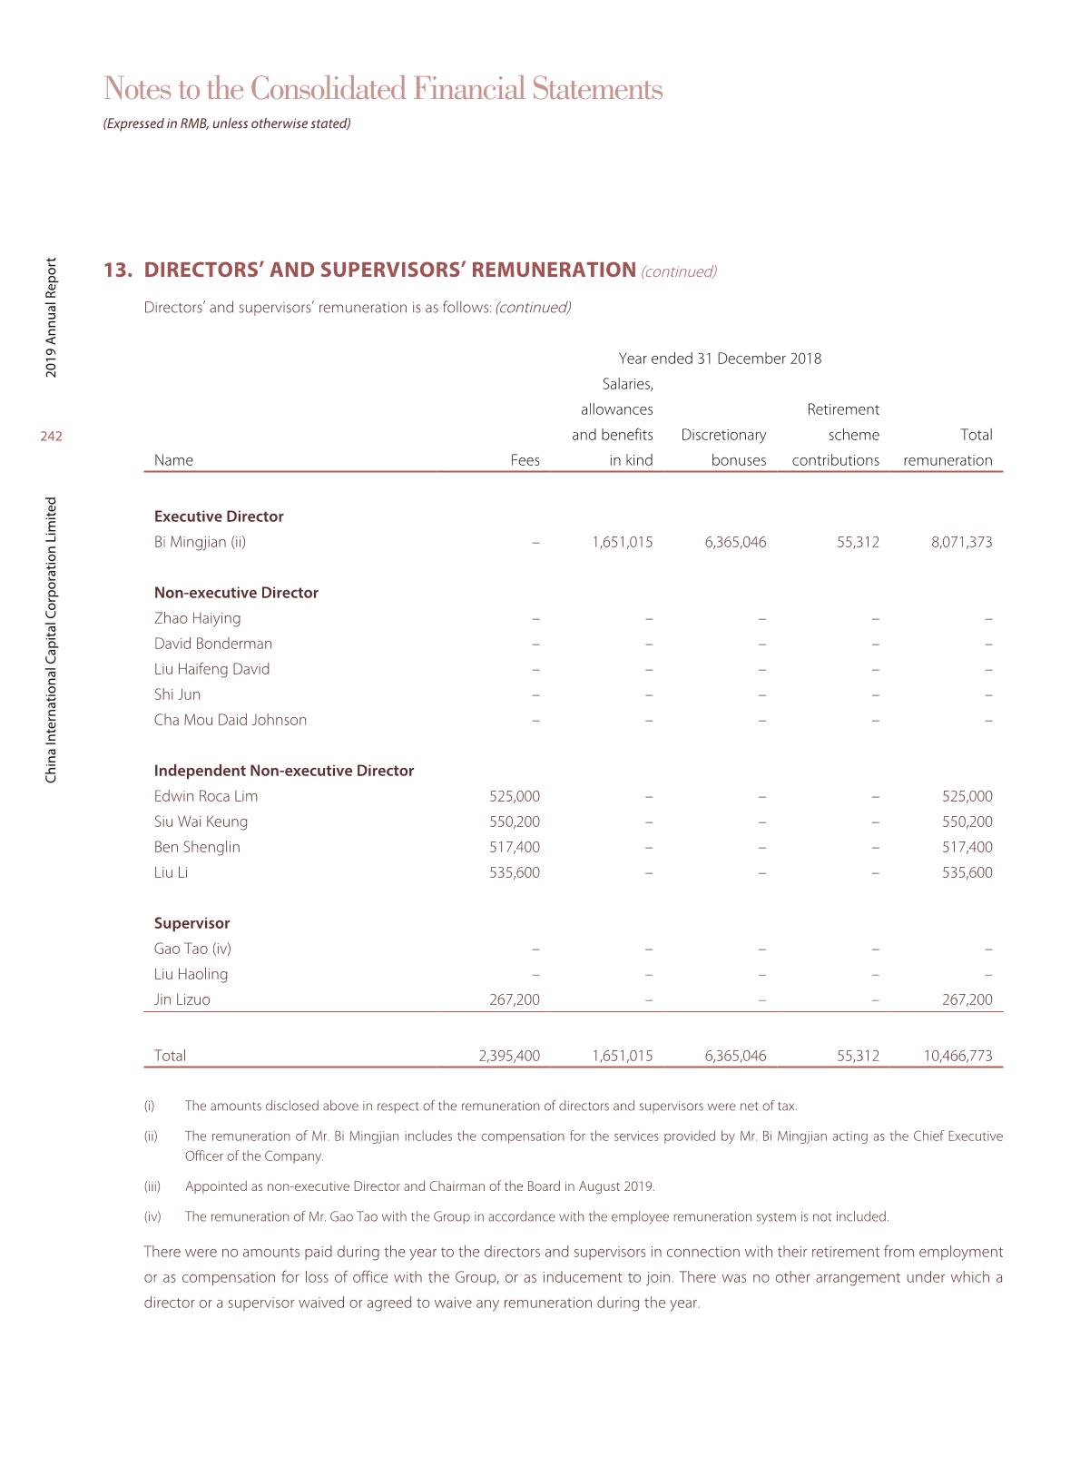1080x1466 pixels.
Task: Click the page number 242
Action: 51,437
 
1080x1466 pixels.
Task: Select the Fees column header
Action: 525,460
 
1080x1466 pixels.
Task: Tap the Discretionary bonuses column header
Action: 723,448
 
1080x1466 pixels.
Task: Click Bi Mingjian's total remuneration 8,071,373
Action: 961,542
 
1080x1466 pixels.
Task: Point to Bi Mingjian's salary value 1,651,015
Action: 622,542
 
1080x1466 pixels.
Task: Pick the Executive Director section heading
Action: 219,517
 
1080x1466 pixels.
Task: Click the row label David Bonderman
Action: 213,644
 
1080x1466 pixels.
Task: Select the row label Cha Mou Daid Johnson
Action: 231,720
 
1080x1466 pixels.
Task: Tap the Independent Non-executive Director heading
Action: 284,771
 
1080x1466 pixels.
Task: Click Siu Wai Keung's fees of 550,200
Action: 514,822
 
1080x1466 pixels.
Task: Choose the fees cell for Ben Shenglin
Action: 514,847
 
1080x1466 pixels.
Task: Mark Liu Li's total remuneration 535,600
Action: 967,872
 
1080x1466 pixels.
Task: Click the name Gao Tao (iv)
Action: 192,949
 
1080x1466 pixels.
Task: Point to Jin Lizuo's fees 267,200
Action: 514,999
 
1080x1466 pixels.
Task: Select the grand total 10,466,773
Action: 957,1056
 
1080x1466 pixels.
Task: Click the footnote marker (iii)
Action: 152,1186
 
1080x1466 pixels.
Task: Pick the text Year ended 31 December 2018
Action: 720,359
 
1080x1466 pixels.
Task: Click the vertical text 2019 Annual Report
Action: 52,318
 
